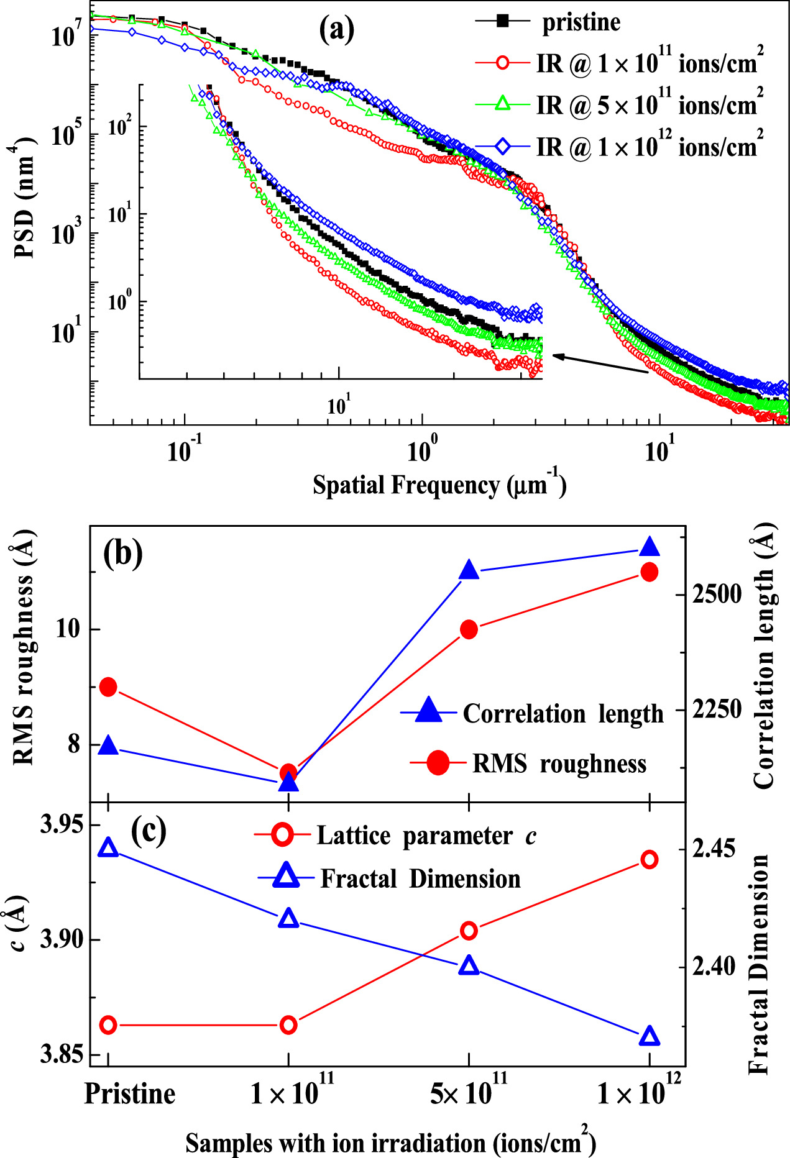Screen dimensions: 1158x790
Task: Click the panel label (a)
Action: point(336,29)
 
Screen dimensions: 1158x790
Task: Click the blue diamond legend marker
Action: point(503,147)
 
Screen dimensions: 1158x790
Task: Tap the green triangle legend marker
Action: point(503,104)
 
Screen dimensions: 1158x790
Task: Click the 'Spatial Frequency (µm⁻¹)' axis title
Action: point(439,485)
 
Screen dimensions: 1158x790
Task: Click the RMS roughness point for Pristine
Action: point(109,687)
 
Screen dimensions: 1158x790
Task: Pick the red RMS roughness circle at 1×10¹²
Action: point(650,572)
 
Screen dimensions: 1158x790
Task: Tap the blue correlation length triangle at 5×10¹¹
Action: point(469,570)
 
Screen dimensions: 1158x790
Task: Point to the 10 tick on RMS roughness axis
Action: point(68,629)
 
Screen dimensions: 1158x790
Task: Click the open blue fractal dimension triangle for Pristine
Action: point(109,848)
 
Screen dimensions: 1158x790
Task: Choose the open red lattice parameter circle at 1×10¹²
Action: point(650,860)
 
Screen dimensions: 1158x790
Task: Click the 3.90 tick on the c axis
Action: point(62,939)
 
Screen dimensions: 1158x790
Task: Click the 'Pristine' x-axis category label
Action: point(129,1093)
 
